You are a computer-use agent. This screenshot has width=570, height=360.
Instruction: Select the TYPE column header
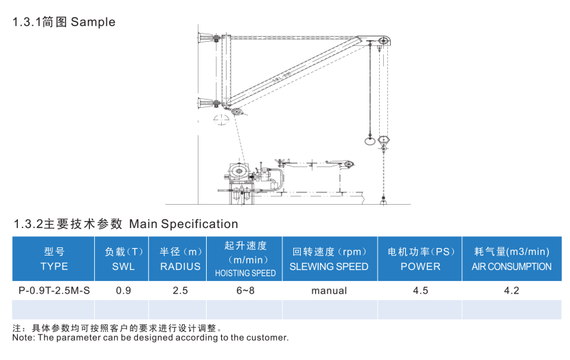coord(54,259)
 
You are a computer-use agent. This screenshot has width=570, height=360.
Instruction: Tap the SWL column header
coord(124,259)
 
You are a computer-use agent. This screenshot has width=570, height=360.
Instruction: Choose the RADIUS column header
coord(180,259)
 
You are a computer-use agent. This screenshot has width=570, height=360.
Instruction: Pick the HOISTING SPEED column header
coord(245,259)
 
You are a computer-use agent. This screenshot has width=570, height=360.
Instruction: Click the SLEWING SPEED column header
coord(329,259)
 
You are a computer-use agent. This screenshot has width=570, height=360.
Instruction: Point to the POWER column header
coord(420,259)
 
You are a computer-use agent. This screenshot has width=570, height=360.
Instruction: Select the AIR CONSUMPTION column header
coord(512,259)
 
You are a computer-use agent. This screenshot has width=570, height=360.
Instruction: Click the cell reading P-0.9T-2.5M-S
coord(54,291)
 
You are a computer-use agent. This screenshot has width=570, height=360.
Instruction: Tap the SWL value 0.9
coord(124,291)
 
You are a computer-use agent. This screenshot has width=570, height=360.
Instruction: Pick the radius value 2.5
coord(180,291)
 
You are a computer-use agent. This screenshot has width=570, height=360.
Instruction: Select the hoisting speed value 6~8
coord(245,291)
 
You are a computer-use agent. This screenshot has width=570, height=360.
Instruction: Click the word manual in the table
coord(329,291)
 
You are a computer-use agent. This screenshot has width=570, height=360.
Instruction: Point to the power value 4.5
coord(420,291)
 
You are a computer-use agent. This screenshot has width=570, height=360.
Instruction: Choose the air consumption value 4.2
coord(512,291)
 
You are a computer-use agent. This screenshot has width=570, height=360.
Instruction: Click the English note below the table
coord(151,337)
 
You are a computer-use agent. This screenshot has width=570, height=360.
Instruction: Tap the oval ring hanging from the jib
coord(369,142)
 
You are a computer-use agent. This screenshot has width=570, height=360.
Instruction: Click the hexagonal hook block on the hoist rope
coord(383,140)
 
